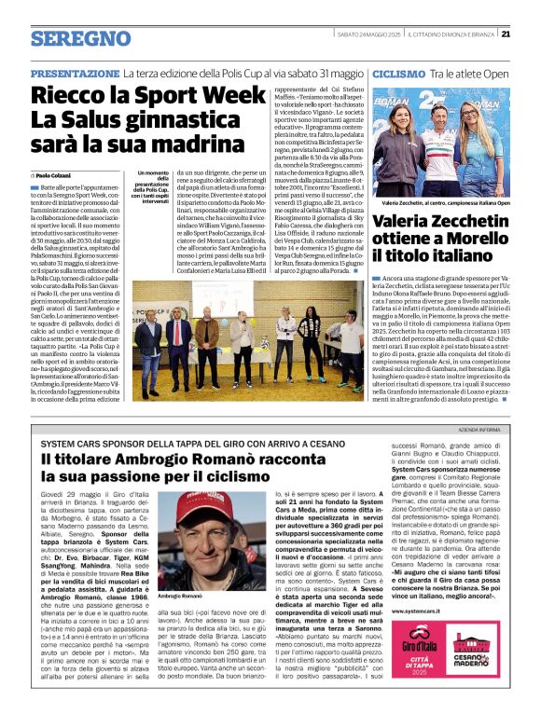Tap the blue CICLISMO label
[x=399, y=73]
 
